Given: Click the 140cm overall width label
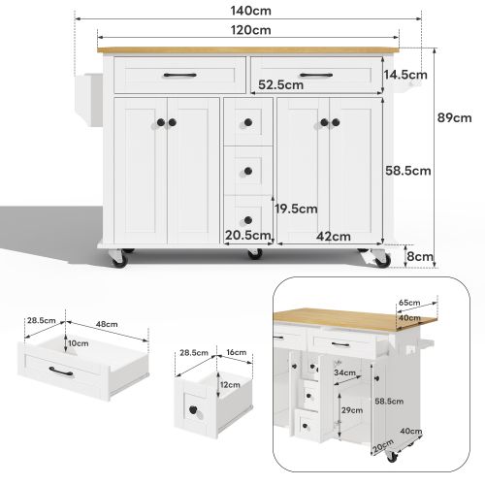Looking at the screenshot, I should [x=248, y=11].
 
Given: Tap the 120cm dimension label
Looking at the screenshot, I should [x=248, y=29].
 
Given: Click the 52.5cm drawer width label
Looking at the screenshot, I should [x=280, y=84].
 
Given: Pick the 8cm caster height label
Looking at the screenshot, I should [x=420, y=257].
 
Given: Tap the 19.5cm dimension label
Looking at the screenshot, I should [x=296, y=208].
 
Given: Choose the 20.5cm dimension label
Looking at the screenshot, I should [x=246, y=236].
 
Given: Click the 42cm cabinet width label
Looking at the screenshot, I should [x=334, y=236].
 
